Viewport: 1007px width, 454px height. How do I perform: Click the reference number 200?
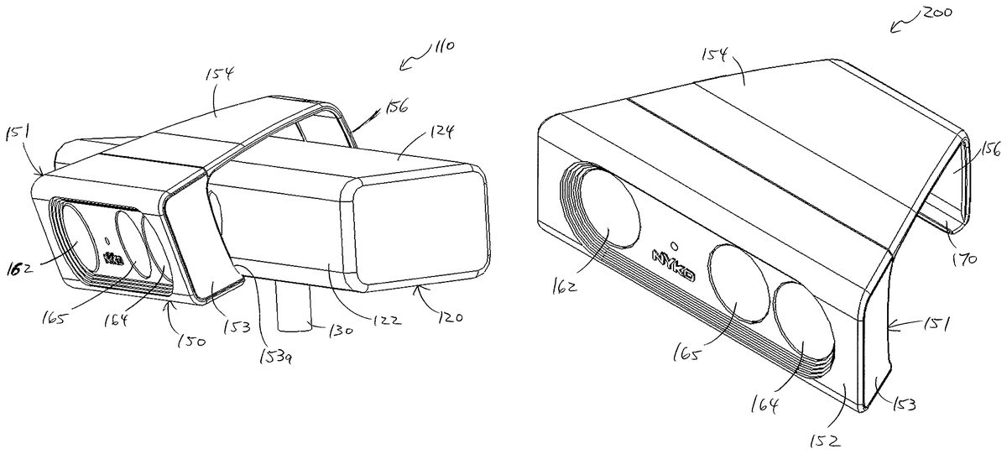coord(937,13)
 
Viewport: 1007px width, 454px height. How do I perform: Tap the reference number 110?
coord(442,46)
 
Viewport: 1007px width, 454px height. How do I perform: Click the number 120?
coord(450,317)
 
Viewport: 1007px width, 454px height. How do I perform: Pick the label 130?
coord(341,331)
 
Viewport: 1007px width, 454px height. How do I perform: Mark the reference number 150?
coord(190,342)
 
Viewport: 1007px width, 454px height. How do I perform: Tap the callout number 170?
coord(965,259)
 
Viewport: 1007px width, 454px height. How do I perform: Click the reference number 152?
coord(825,441)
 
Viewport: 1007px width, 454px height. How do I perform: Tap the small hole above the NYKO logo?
coord(674,245)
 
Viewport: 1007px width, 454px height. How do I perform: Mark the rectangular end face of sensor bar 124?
coord(421,232)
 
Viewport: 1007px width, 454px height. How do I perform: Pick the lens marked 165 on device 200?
coord(738,283)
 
